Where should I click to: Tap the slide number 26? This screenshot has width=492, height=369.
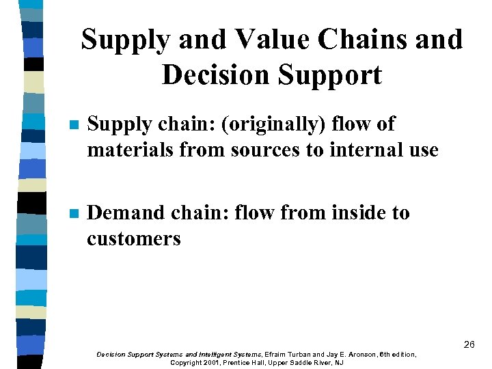click(x=469, y=344)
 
